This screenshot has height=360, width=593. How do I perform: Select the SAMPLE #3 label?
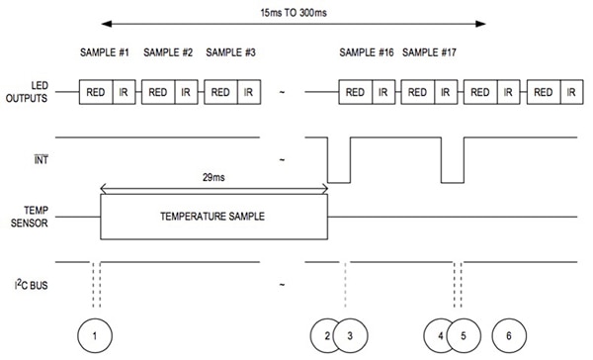tap(231, 52)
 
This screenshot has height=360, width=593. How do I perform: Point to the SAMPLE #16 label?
tap(368, 52)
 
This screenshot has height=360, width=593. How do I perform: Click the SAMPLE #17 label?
tap(430, 52)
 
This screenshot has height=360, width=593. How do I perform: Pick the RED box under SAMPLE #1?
tap(97, 92)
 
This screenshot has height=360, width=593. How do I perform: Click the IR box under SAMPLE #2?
tap(186, 92)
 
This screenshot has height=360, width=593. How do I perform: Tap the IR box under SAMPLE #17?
tap(445, 92)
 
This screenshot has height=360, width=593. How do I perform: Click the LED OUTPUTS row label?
tap(27, 93)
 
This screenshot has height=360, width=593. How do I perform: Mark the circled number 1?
tap(94, 336)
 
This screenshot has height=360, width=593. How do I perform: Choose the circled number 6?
tap(509, 336)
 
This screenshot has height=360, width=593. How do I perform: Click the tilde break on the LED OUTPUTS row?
tap(283, 93)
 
